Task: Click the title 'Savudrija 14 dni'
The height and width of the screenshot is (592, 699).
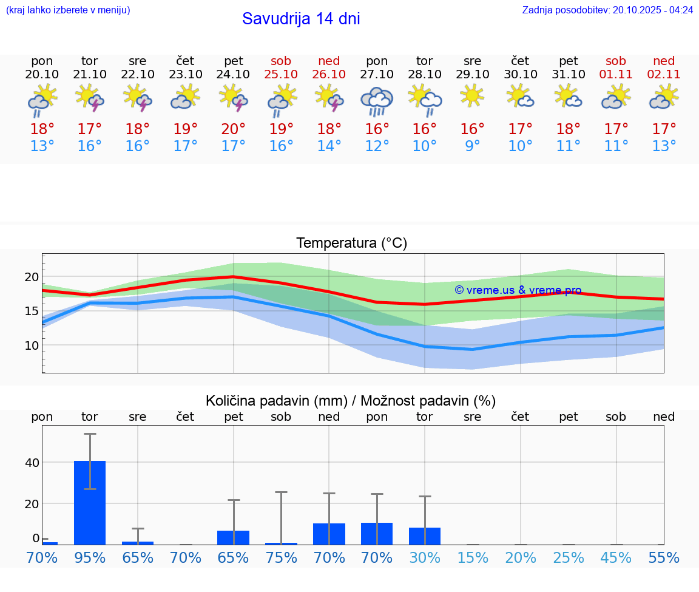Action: click(x=301, y=19)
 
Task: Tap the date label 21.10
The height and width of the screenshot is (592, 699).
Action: click(x=90, y=74)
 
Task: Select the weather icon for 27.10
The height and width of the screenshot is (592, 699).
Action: click(x=377, y=101)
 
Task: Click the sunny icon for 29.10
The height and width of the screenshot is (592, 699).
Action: click(x=472, y=96)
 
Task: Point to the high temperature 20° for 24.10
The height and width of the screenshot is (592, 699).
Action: click(x=234, y=129)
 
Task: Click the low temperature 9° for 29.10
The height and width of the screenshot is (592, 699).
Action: click(x=472, y=146)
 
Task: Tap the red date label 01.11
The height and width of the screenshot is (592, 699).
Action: click(x=616, y=74)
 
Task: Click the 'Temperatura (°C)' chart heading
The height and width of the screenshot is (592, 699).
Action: click(x=351, y=243)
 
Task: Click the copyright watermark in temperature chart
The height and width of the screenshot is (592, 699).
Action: click(x=518, y=290)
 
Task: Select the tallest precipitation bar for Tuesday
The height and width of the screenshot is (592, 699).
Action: click(x=90, y=502)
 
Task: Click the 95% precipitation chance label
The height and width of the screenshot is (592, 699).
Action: click(x=90, y=557)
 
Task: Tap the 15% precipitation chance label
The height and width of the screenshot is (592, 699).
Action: click(x=472, y=557)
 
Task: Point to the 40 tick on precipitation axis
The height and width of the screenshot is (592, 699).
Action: click(x=32, y=463)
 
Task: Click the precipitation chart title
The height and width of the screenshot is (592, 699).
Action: click(x=351, y=401)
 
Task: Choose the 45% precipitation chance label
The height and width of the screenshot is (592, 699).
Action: click(x=616, y=557)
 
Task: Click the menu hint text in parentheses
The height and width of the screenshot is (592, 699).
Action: click(x=67, y=10)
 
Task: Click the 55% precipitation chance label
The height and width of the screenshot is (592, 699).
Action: click(x=664, y=557)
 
